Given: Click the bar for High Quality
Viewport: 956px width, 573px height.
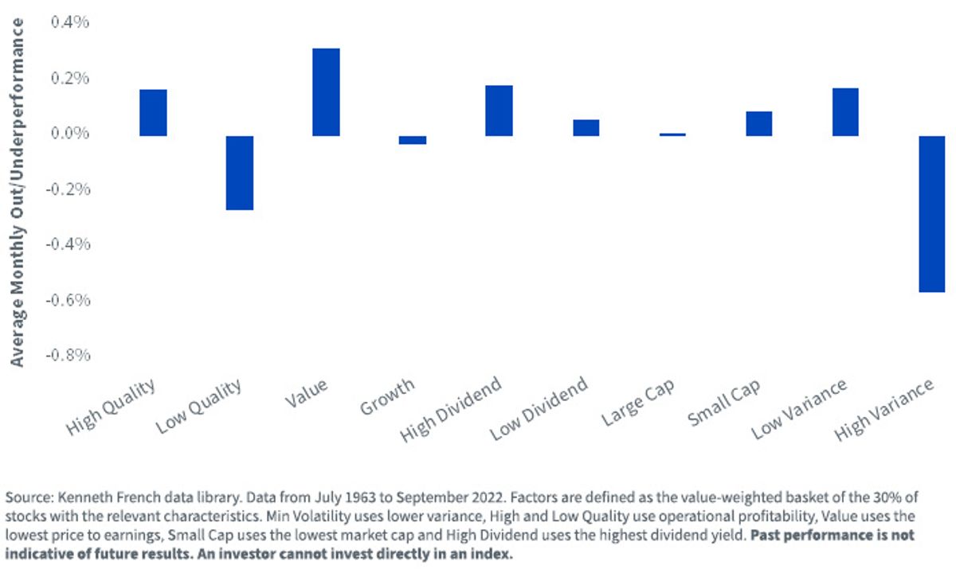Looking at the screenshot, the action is [153, 112].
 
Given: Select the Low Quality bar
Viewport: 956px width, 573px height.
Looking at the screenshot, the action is [240, 173].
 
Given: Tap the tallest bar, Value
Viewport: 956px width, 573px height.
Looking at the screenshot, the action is [326, 92].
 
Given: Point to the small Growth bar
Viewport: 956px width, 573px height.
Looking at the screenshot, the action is [413, 140].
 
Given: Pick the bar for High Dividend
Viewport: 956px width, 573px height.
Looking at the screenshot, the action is [499, 111].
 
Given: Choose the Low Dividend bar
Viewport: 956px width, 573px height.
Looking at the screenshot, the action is [586, 128].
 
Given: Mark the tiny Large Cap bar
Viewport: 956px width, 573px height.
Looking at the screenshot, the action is [672, 134].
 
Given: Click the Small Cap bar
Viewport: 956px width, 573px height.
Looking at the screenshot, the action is [758, 123].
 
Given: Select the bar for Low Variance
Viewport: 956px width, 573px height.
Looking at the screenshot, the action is [845, 112].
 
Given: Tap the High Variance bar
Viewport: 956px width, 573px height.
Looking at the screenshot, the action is [931, 214].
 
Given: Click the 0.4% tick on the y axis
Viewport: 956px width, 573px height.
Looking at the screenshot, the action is [70, 21].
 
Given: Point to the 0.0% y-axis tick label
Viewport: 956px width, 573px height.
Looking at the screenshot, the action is [70, 133].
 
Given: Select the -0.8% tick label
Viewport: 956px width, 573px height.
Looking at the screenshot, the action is [68, 355].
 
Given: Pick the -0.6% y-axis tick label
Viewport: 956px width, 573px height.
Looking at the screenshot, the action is [68, 300].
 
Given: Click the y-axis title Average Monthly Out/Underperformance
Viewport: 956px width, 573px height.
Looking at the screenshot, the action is [17, 193].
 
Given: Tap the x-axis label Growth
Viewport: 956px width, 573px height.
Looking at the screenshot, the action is [387, 396].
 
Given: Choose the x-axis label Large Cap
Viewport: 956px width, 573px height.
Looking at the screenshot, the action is [637, 402].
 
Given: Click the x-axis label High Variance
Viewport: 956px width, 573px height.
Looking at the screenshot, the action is [884, 409].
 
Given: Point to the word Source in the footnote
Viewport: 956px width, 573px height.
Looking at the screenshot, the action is [29, 497].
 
